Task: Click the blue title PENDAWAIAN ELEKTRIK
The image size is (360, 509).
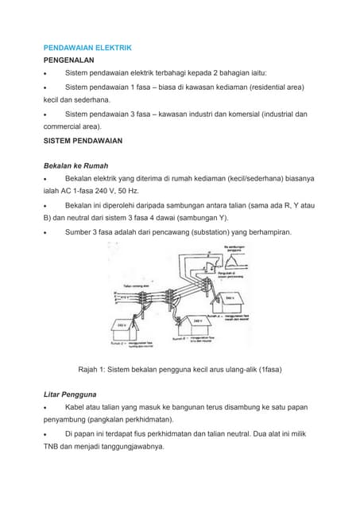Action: click(x=87, y=48)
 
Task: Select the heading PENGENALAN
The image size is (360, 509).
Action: click(x=69, y=60)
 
